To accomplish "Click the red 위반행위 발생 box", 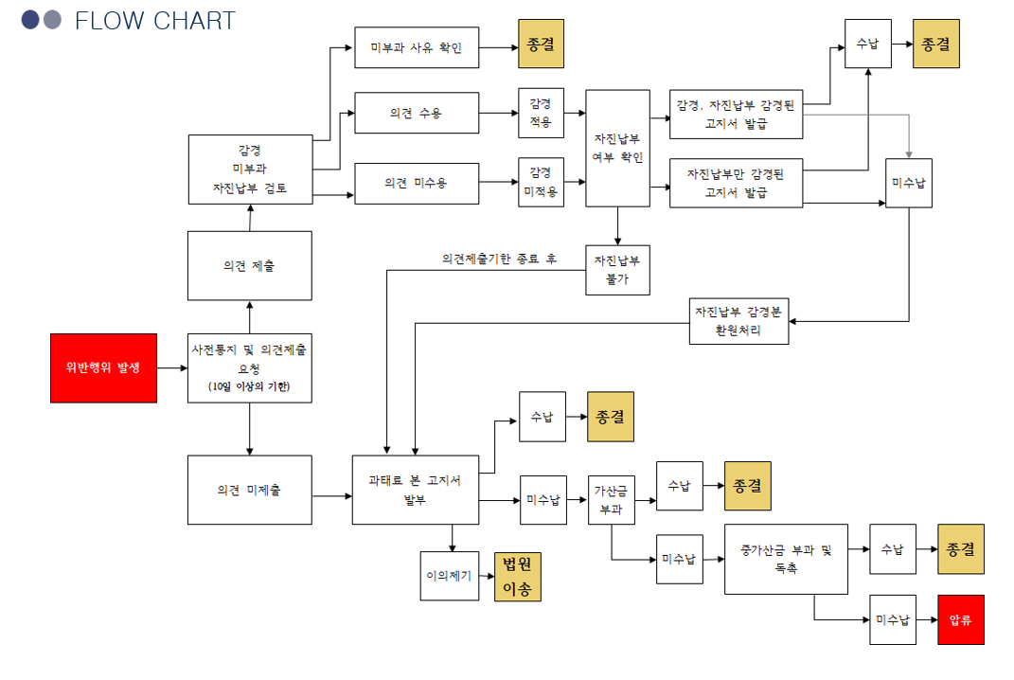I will click(x=103, y=367).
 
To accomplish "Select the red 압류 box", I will click(x=960, y=620).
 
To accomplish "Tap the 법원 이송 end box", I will click(x=517, y=577).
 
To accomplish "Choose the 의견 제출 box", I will click(x=249, y=266).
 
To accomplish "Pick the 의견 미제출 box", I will click(x=249, y=490).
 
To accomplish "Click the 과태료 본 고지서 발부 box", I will click(x=415, y=490).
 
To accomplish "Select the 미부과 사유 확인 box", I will click(x=417, y=47).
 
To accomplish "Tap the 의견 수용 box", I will click(x=417, y=115).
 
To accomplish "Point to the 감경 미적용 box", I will click(x=541, y=182).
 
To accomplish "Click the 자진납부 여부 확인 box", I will click(x=617, y=148).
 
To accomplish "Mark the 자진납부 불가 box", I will click(x=617, y=270).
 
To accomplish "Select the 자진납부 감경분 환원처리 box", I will click(x=738, y=321).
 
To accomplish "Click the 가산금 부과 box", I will click(x=611, y=499).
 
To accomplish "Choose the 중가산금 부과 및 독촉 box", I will click(x=786, y=559).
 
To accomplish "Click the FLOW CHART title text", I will click(x=154, y=21).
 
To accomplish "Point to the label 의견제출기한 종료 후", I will click(x=499, y=259).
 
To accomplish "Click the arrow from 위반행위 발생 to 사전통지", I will click(x=172, y=367).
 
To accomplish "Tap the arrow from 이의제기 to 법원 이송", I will click(x=484, y=577).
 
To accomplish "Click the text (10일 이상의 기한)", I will click(x=249, y=386).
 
